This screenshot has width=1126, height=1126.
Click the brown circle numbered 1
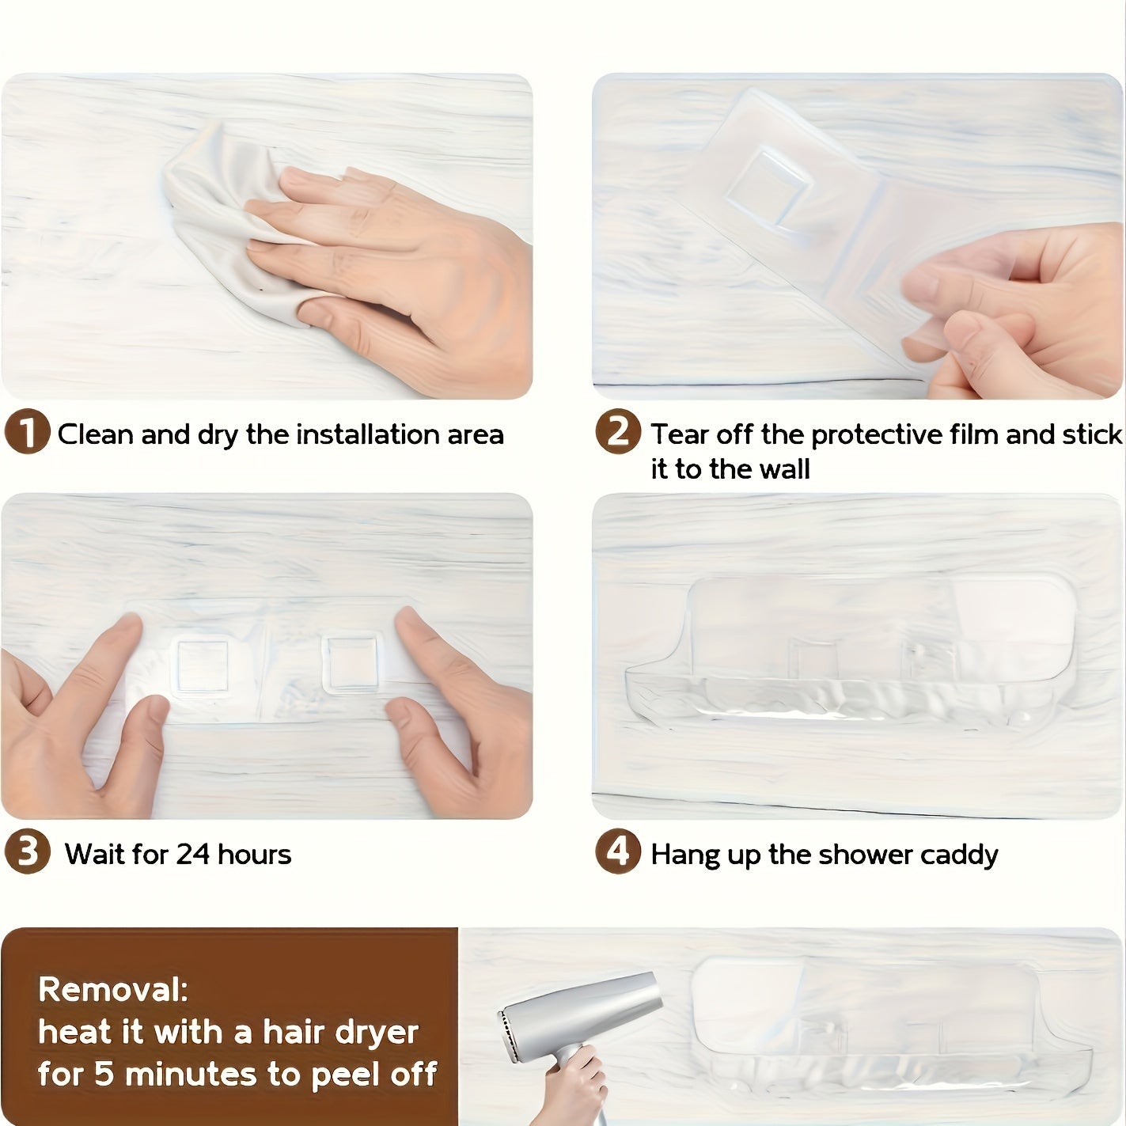27,432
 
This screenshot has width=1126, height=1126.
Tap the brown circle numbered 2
618,432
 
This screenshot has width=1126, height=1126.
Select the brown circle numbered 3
27,851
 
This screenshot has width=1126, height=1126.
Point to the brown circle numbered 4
618,851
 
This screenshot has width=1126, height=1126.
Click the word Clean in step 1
96,434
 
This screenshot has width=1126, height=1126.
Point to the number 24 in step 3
193,855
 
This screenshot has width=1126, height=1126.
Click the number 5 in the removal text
104,1075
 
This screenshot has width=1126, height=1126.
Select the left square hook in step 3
203,666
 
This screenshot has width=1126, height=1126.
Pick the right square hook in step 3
352,663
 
